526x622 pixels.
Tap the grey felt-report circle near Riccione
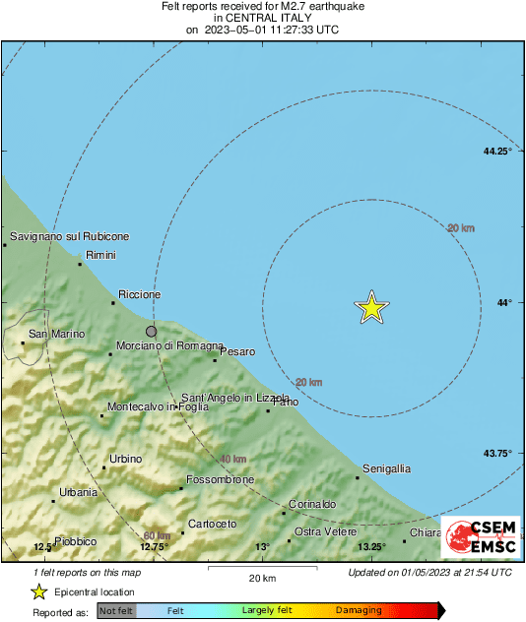tap(151, 332)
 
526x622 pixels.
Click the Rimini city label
tap(101, 256)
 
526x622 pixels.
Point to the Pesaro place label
tap(237, 351)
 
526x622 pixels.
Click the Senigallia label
tap(387, 468)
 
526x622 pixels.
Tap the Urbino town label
tap(125, 459)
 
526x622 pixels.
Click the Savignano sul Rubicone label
tap(69, 237)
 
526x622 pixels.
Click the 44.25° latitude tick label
tap(497, 152)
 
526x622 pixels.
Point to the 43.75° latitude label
tap(497, 454)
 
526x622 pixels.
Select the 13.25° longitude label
tap(370, 547)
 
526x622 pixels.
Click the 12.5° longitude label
tap(42, 547)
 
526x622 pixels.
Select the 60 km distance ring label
tap(157, 535)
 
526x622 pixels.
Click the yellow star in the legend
tap(39, 592)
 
